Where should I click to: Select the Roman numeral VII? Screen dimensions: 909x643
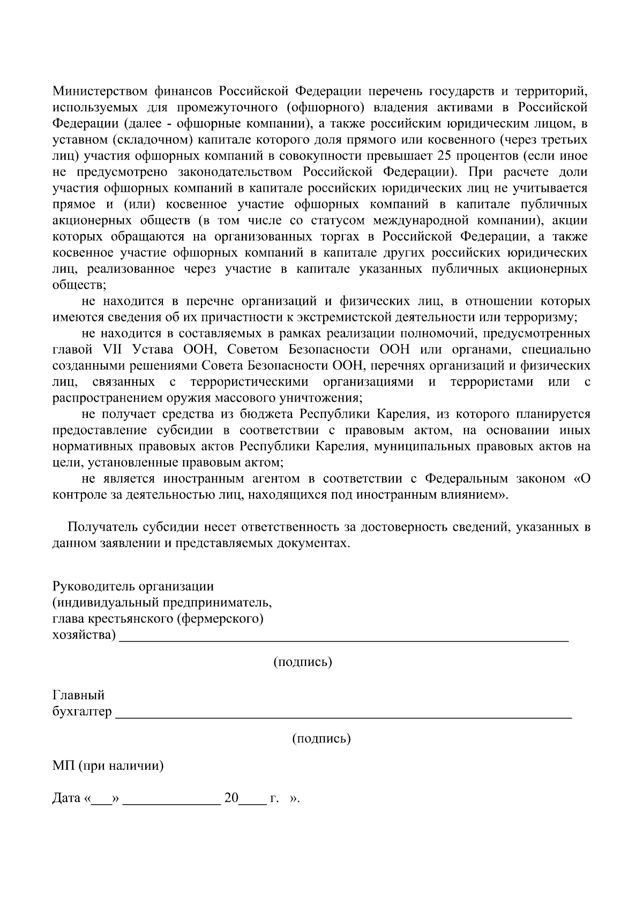click(109, 350)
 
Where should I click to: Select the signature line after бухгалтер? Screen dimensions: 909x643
click(343, 715)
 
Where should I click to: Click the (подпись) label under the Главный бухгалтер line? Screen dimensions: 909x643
click(322, 739)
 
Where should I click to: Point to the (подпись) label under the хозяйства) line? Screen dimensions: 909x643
click(303, 662)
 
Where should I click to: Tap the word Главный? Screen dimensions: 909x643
click(78, 695)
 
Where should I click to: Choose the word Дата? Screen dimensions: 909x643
click(66, 798)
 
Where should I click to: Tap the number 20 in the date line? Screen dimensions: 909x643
click(231, 798)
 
